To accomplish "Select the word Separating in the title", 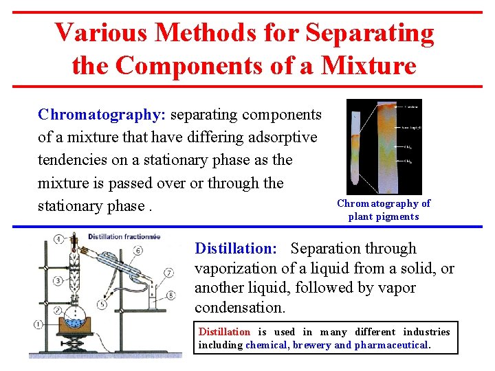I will tap(370, 32).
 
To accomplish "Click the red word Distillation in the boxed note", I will tap(224, 333).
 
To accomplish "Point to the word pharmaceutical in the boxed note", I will tap(392, 345).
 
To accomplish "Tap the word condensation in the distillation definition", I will tap(240, 306).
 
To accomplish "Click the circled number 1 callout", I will tap(38, 324).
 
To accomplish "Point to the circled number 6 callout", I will tap(137, 251).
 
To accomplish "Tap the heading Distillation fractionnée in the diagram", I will tap(124, 236).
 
